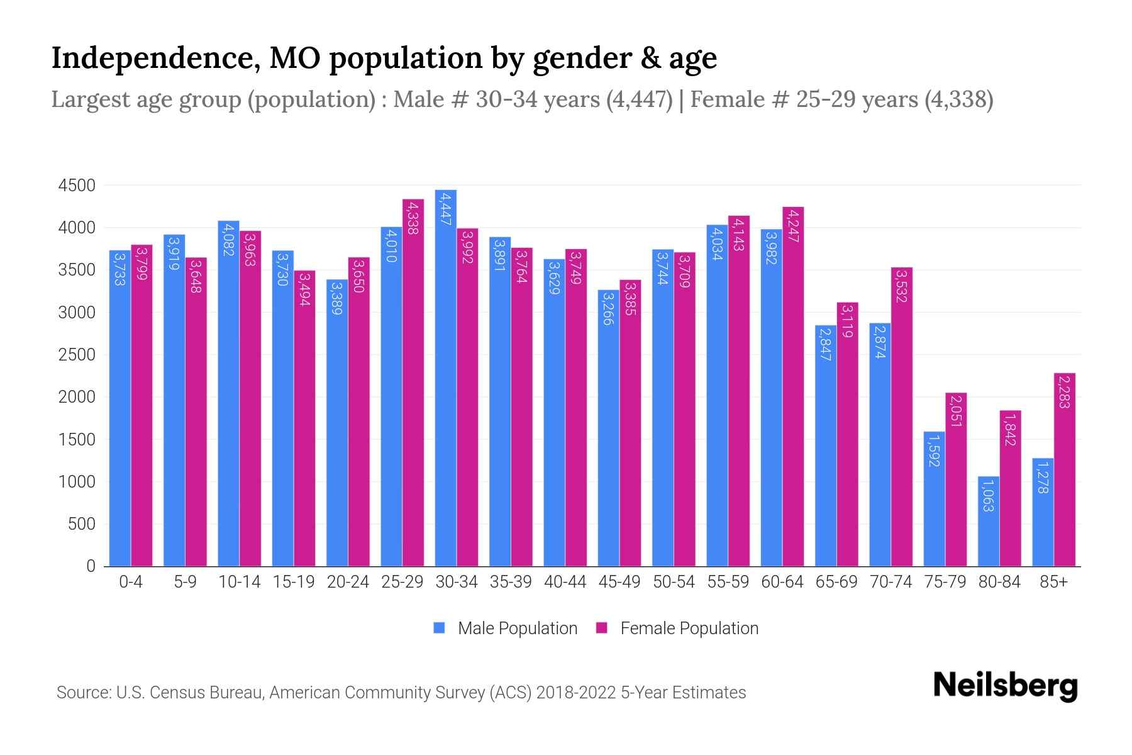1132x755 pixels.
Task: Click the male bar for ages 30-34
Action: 446,377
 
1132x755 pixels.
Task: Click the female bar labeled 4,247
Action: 793,386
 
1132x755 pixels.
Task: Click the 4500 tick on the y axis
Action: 77,186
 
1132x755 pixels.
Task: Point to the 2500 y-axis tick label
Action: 77,355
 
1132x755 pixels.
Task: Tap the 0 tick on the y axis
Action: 91,566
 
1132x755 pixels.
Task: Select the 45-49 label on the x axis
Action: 619,582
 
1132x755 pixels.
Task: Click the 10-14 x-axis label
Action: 239,582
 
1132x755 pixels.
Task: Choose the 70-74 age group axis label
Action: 891,582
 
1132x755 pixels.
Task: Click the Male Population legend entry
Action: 517,629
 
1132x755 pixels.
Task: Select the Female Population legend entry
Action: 689,629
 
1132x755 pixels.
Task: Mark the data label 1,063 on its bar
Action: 988,495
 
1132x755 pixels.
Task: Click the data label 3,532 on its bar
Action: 902,286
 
